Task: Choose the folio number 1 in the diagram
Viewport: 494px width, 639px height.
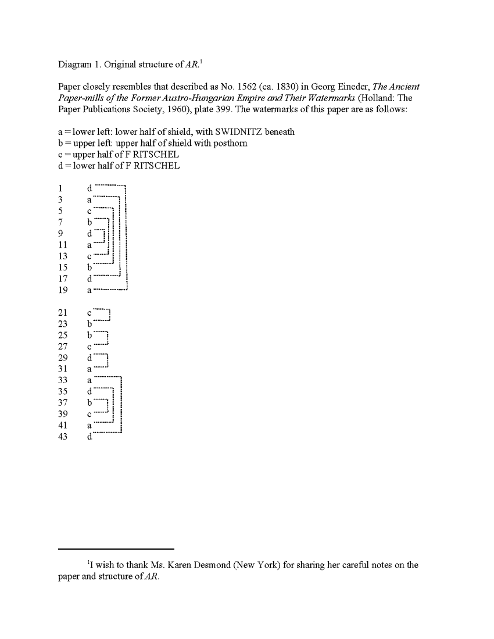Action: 60,188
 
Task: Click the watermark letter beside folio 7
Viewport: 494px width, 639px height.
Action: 90,222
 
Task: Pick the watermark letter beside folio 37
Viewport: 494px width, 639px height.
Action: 90,403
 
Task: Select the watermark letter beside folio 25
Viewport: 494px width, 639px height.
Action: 90,335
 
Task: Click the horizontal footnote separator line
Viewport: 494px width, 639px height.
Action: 116,548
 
